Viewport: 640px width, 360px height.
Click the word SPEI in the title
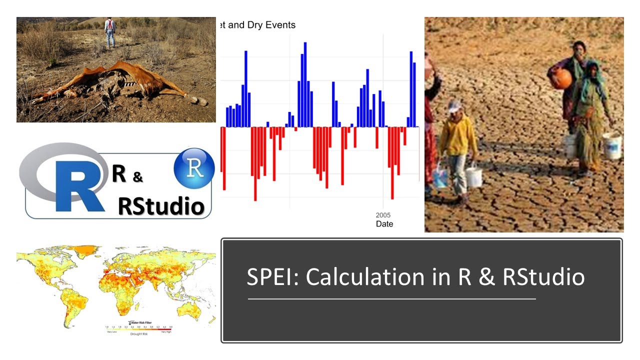coord(272,277)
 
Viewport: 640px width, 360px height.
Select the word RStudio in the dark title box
coord(543,277)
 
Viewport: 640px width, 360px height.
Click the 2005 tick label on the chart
coord(384,214)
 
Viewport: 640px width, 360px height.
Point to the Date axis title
coord(384,224)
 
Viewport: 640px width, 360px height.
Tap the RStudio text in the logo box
coord(161,205)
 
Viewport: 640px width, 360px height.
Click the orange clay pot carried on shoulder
coord(561,78)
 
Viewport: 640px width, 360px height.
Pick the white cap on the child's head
coord(454,105)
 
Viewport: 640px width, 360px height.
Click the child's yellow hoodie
coord(457,136)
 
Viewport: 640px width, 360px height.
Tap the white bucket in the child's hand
coord(473,176)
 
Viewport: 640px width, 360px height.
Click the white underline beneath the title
coord(391,299)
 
